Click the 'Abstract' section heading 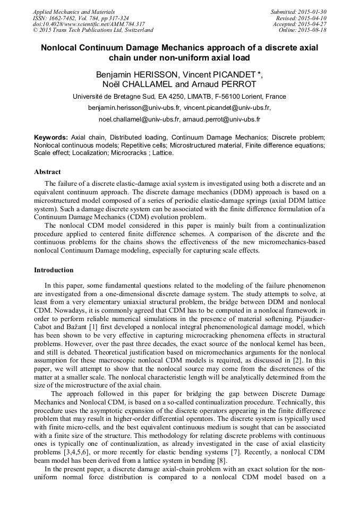tap(47, 172)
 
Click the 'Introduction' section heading tap(54, 270)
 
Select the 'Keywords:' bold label tap(50, 136)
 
